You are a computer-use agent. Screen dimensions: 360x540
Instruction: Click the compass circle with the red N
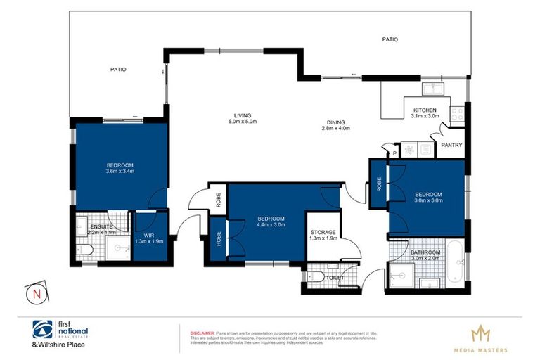[x=32, y=294]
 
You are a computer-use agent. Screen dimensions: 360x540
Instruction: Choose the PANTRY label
[x=451, y=146]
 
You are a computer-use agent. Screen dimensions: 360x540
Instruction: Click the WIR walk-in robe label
[x=148, y=236]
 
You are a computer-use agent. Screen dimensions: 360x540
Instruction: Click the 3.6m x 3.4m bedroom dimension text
[x=120, y=171]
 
